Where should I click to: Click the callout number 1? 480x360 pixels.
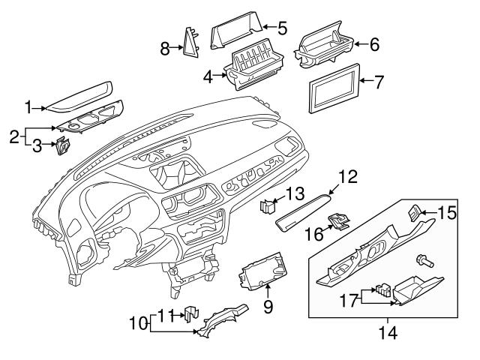(28, 108)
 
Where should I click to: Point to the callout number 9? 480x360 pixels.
(268, 307)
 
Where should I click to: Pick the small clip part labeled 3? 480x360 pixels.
(64, 145)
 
